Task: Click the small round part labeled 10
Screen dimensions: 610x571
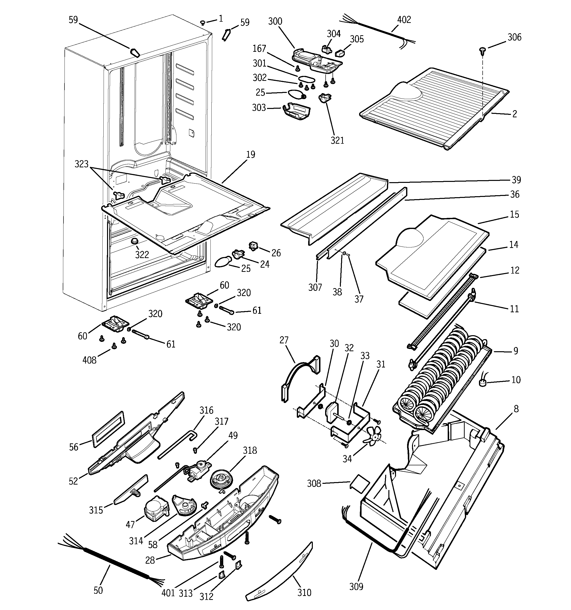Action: (x=483, y=383)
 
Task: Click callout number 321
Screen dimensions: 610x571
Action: (x=337, y=140)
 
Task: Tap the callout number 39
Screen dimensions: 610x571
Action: (x=516, y=180)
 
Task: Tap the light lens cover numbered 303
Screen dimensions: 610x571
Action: (x=296, y=111)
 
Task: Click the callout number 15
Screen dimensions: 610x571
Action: (x=514, y=214)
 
